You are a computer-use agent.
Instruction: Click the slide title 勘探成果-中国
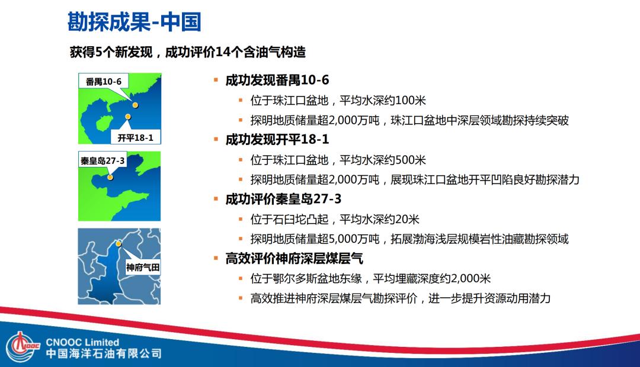[x=133, y=21]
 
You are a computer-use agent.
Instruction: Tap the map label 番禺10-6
[x=103, y=82]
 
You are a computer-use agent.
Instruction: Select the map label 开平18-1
[x=136, y=138]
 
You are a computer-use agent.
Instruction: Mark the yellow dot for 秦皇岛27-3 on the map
[x=110, y=176]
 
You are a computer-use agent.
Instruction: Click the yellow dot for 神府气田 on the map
[x=119, y=243]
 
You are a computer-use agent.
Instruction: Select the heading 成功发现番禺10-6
[x=277, y=80]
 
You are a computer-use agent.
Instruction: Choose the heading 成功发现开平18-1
[x=277, y=140]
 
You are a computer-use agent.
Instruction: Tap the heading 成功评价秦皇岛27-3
[x=283, y=199]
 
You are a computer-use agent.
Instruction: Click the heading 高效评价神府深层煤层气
[x=294, y=259]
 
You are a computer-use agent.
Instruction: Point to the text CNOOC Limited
[x=82, y=342]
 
